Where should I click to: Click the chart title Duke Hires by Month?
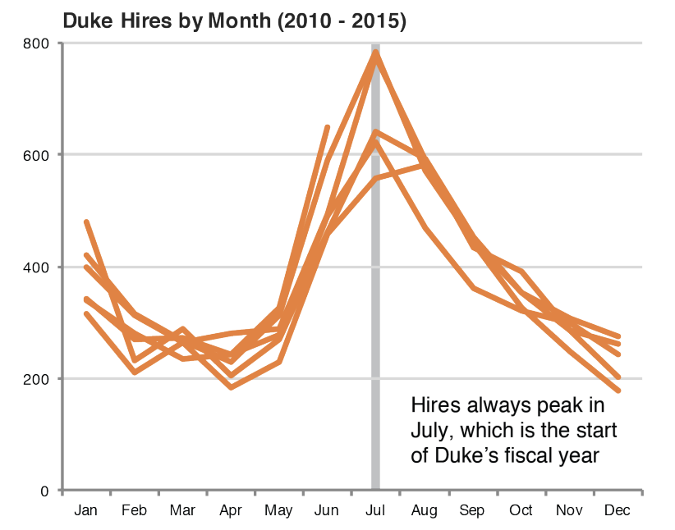234,21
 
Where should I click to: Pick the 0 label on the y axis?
48,491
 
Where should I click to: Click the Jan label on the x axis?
85,511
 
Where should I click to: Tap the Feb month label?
134,511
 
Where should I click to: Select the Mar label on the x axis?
182,511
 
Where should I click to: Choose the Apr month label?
230,511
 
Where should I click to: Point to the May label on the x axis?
278,511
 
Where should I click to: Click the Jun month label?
327,511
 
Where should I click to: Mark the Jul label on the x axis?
375,511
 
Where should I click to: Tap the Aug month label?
424,511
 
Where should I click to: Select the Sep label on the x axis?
472,511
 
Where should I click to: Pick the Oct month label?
521,511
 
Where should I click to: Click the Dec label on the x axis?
617,511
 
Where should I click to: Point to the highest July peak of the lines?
376,52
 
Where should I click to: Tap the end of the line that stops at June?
328,127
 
